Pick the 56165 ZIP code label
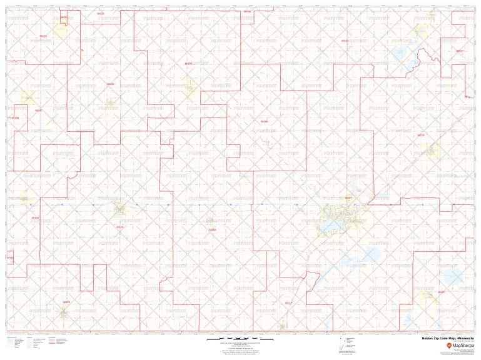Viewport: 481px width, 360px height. click(x=264, y=121)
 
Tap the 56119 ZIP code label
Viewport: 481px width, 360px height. click(x=421, y=135)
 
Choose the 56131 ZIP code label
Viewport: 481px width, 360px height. click(x=345, y=41)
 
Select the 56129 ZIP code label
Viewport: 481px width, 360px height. click(x=35, y=217)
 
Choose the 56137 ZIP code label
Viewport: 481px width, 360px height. click(x=460, y=51)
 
